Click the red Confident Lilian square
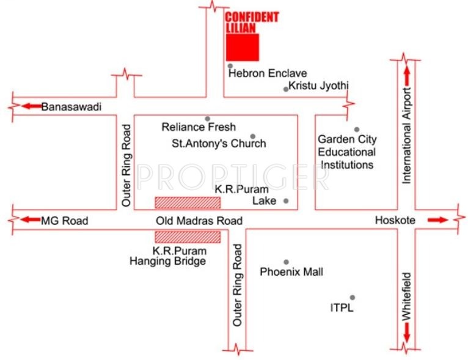(243, 48)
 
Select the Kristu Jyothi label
(318, 86)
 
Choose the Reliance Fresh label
(199, 128)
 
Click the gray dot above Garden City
(357, 130)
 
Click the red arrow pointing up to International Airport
(407, 78)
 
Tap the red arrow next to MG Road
(29, 220)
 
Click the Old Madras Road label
(199, 221)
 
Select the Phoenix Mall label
(291, 272)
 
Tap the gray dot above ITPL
(352, 298)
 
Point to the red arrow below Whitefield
(406, 334)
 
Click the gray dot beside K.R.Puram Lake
(285, 201)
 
